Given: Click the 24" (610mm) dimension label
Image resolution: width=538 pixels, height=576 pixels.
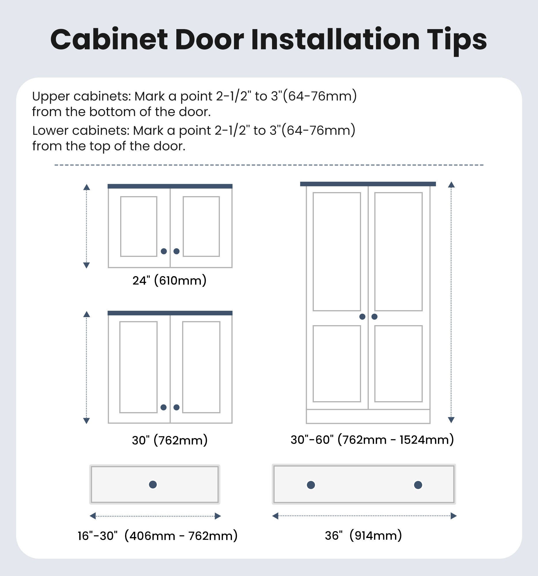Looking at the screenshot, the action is (169, 281).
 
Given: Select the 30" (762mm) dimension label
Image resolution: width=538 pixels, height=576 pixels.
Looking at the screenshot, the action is (170, 440).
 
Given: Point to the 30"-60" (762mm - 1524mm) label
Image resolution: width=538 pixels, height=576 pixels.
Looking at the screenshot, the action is (372, 440).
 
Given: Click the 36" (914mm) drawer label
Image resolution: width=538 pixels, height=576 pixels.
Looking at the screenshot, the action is (363, 535).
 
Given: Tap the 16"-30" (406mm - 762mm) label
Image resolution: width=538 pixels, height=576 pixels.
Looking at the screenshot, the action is (158, 536).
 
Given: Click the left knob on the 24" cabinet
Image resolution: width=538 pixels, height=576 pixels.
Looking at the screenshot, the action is (164, 251).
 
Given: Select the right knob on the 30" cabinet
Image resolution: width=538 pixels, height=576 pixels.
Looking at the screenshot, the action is (176, 407).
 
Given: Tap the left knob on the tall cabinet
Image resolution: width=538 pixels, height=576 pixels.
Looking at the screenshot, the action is (362, 317).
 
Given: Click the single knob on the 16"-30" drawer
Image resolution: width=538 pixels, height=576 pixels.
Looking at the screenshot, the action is (153, 484).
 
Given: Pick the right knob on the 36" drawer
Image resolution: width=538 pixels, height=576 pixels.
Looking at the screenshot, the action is (418, 485).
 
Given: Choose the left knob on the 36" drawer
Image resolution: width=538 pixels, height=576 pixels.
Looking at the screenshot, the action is (311, 485).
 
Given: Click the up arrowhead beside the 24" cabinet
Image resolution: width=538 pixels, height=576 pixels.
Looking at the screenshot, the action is (86, 187).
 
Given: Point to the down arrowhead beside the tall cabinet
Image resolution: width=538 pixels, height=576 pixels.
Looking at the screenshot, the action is (451, 420).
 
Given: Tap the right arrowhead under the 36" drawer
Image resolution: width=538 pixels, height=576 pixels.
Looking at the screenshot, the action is (454, 516).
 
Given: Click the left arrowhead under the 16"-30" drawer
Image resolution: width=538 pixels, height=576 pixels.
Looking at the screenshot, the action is (93, 516).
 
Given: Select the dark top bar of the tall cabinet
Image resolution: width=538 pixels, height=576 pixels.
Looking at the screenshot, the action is (368, 184).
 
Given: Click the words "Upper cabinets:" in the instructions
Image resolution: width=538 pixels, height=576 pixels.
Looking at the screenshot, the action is (82, 96).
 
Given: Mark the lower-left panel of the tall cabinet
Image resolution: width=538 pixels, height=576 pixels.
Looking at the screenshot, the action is (337, 364).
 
